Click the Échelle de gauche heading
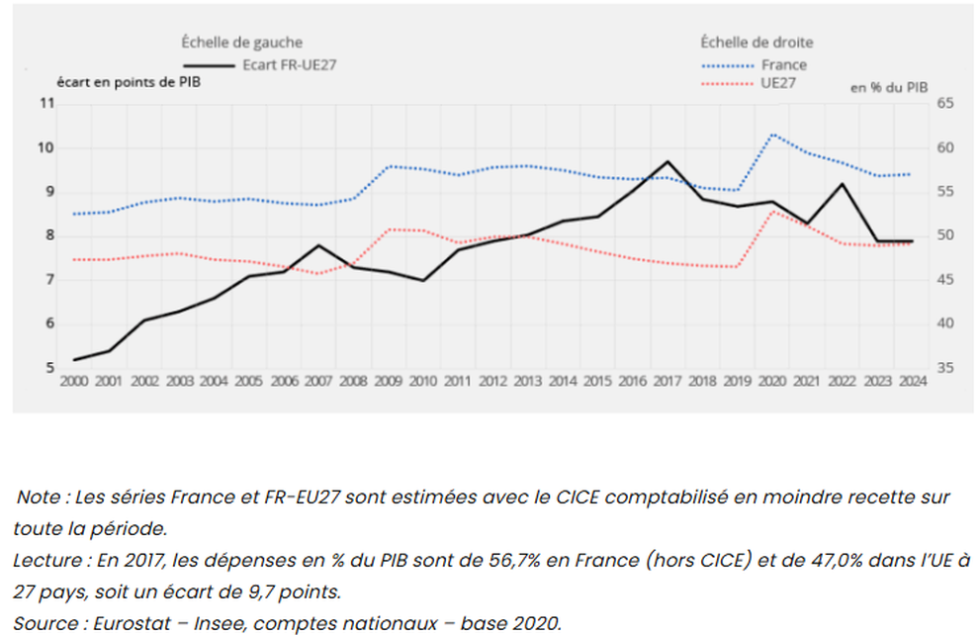(241, 42)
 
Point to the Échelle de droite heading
(757, 42)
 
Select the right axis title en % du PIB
(889, 88)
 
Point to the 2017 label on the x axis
(668, 381)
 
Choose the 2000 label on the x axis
(73, 381)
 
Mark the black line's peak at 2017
(668, 161)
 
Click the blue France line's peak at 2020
(772, 134)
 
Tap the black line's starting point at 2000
(73, 359)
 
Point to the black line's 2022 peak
(842, 183)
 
